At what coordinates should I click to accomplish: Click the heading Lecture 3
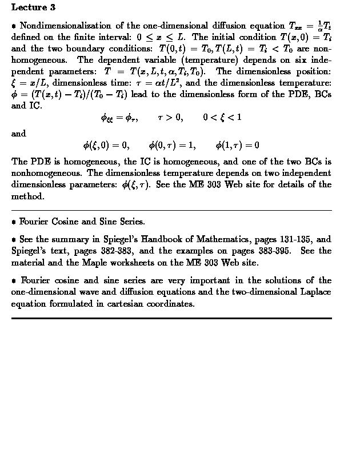(33, 8)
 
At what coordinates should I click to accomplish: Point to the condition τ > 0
(170, 118)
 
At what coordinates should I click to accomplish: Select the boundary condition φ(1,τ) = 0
(237, 146)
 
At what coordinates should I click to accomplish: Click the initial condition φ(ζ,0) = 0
(106, 146)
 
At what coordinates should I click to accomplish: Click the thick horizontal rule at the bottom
(171, 318)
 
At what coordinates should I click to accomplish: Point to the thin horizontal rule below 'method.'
(171, 210)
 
